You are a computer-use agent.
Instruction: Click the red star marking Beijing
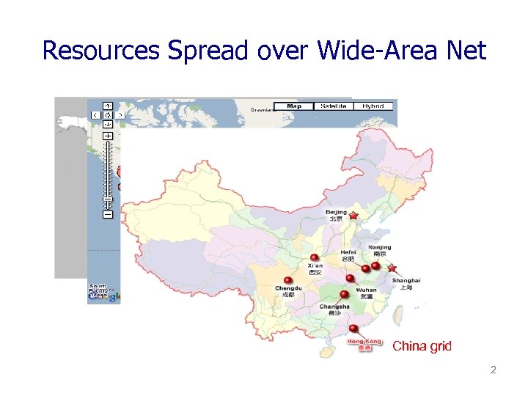point(353,216)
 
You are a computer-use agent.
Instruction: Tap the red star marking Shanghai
point(392,268)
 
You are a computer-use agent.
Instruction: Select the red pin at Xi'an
point(315,257)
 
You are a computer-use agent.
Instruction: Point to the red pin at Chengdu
point(288,279)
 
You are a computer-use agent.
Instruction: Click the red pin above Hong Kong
point(353,329)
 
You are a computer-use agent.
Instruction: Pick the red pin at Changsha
point(344,294)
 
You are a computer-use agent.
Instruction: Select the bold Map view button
point(294,106)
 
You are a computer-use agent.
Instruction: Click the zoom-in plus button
point(108,136)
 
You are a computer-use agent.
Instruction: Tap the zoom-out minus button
point(108,215)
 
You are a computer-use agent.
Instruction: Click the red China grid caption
point(422,346)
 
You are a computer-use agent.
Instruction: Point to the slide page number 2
point(493,370)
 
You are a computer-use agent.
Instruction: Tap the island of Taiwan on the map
point(399,316)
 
